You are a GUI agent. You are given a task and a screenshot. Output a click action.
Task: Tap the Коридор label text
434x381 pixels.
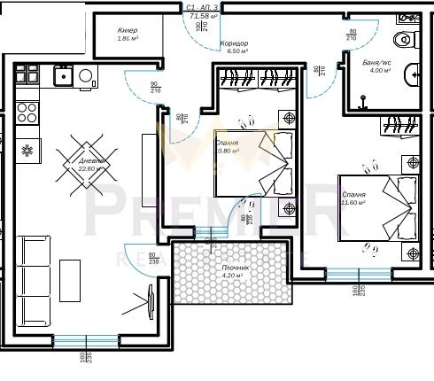[x=234, y=43]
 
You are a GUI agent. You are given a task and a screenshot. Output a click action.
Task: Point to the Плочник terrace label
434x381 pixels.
[x=235, y=267]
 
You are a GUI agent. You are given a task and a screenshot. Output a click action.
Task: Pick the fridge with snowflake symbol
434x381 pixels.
[x=27, y=149]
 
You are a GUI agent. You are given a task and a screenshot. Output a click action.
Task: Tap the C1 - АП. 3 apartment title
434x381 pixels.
[x=203, y=7]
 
